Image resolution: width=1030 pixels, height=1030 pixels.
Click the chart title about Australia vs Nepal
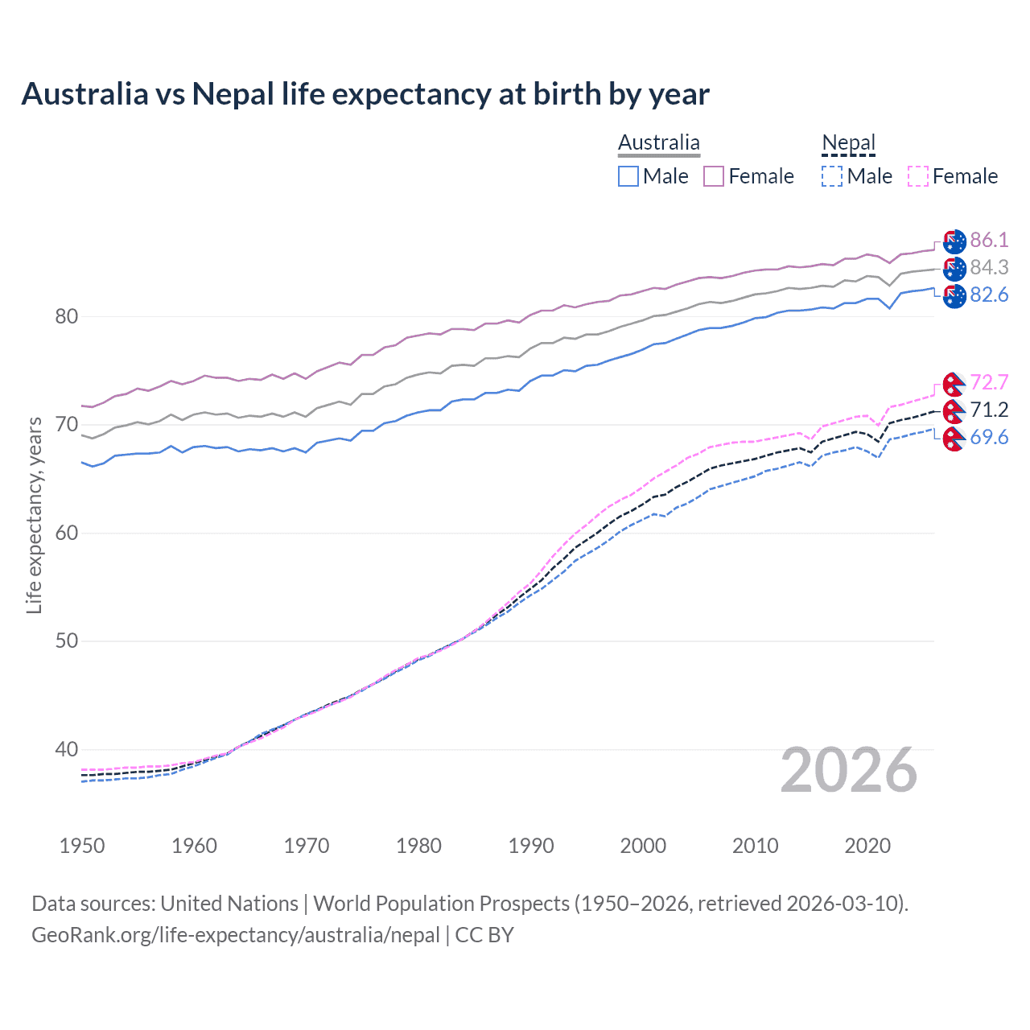pyautogui.click(x=365, y=94)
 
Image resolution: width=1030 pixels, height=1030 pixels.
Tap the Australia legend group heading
pyautogui.click(x=658, y=142)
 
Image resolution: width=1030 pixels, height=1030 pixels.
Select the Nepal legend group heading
pyautogui.click(x=848, y=142)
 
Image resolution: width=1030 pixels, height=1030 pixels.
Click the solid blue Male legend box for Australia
pyautogui.click(x=628, y=176)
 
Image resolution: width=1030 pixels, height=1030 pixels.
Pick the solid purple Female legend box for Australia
pyautogui.click(x=714, y=176)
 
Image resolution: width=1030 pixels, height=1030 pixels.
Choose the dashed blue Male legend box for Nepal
pyautogui.click(x=832, y=176)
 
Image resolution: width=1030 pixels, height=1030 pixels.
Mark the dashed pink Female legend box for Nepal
pyautogui.click(x=918, y=176)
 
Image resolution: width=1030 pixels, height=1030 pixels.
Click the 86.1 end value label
pyautogui.click(x=989, y=240)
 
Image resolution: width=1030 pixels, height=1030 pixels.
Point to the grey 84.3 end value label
pyautogui.click(x=989, y=267)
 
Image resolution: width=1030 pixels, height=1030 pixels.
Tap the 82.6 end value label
pyautogui.click(x=989, y=295)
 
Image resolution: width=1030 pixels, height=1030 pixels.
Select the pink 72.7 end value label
pyautogui.click(x=989, y=382)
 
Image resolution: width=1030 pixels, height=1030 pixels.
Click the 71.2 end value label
pyautogui.click(x=989, y=410)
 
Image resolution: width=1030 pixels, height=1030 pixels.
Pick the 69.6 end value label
pyautogui.click(x=989, y=437)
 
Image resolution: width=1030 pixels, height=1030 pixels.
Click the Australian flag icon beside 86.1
pyautogui.click(x=954, y=241)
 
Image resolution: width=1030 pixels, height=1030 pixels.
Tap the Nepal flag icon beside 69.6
pyautogui.click(x=954, y=439)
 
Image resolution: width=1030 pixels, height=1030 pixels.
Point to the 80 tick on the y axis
pyautogui.click(x=67, y=316)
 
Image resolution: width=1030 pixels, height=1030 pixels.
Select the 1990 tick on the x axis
pyautogui.click(x=531, y=846)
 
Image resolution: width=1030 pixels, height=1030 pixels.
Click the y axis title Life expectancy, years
pyautogui.click(x=34, y=515)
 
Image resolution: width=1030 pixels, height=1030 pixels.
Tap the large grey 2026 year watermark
pyautogui.click(x=849, y=770)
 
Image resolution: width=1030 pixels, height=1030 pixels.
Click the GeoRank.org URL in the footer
pyautogui.click(x=235, y=935)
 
